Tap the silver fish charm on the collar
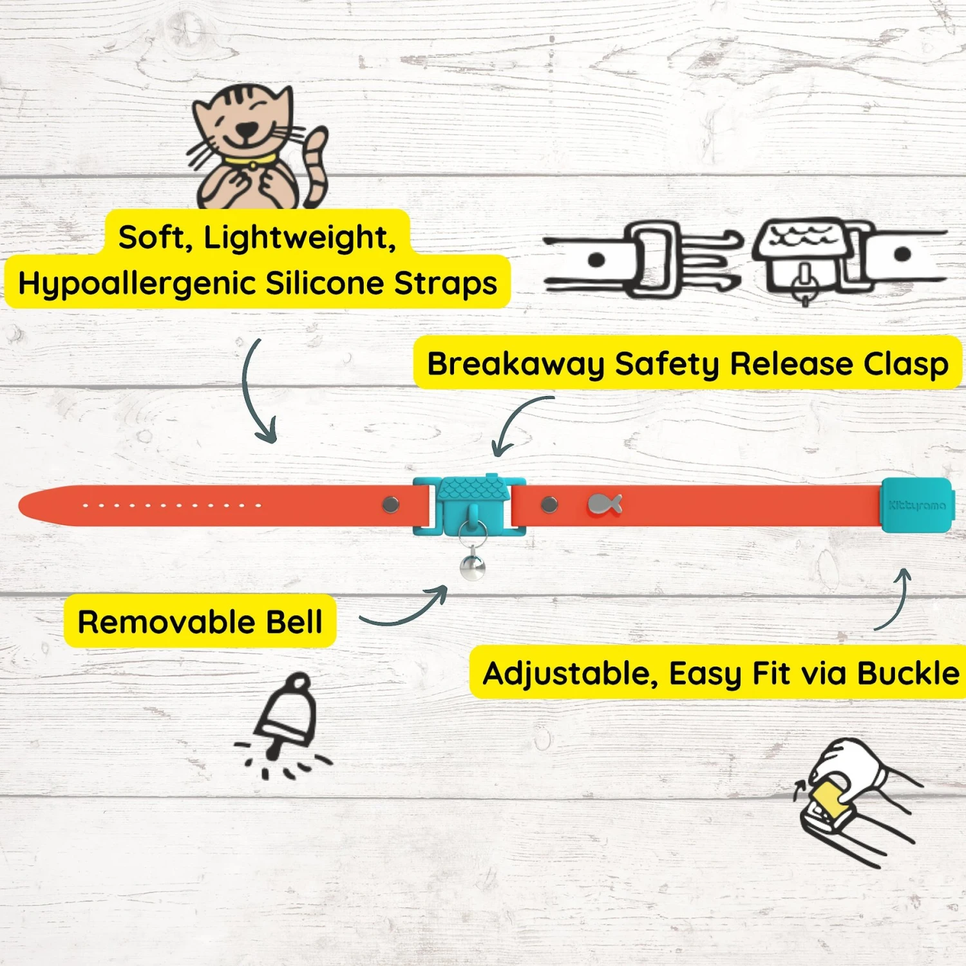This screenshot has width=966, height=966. coord(605,504)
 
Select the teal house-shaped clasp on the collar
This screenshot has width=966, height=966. coord(469,506)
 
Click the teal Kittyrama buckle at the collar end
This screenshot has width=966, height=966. coord(916,505)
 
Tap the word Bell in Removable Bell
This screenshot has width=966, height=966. coord(294,621)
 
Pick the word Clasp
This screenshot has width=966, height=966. coord(906,365)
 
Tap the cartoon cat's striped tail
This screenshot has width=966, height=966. coord(316,167)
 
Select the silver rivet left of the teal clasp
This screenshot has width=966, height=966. coord(390,504)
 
